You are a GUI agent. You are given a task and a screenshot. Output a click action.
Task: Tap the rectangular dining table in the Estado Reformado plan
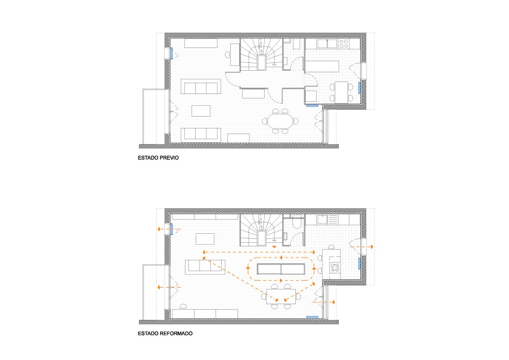(x=281, y=296)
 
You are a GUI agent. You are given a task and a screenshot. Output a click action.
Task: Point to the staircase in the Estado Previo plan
(x=261, y=54)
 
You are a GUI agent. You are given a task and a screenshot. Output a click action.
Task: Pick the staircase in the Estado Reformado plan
(x=261, y=230)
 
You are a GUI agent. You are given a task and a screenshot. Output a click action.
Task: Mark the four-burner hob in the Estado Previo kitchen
(x=344, y=44)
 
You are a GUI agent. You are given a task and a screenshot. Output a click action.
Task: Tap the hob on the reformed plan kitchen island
(x=335, y=267)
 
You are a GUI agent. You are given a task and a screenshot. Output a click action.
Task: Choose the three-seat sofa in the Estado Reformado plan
(x=205, y=267)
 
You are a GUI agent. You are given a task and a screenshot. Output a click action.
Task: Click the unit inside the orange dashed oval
(x=281, y=269)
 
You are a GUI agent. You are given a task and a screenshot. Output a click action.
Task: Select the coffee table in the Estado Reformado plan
(x=205, y=239)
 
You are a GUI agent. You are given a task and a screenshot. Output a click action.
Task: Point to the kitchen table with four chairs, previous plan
(x=342, y=92)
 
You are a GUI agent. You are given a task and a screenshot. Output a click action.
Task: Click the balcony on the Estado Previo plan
(x=154, y=116)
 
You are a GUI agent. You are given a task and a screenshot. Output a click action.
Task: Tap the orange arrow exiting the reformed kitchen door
(x=361, y=247)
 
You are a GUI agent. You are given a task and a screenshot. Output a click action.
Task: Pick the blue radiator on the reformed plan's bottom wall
(x=312, y=317)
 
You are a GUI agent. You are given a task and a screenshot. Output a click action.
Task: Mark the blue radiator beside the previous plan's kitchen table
(x=359, y=88)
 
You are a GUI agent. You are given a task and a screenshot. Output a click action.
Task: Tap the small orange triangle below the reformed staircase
(x=275, y=247)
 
